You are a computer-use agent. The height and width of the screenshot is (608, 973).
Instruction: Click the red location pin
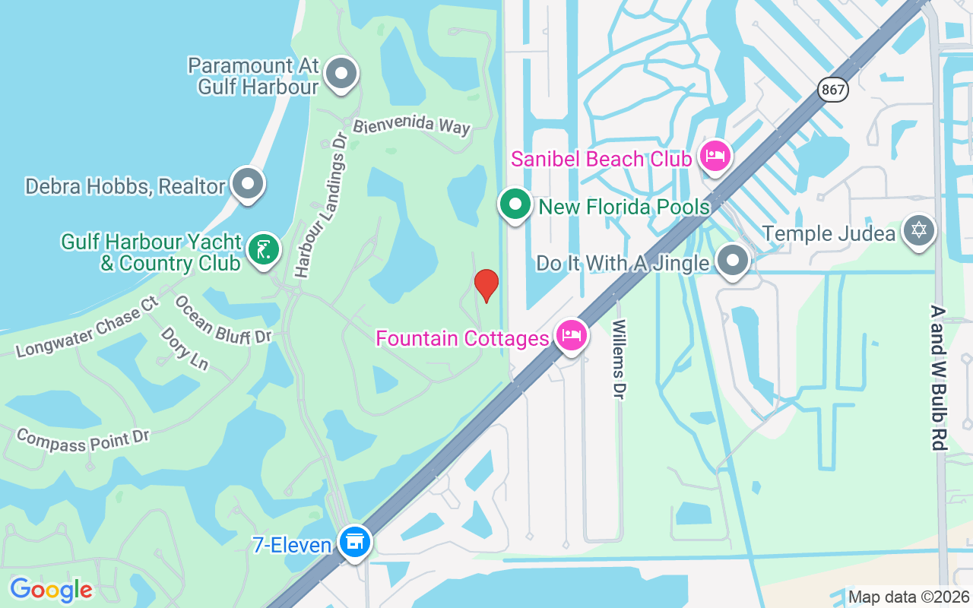coord(486,285)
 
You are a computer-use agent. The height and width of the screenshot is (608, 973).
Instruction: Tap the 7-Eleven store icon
coord(354,542)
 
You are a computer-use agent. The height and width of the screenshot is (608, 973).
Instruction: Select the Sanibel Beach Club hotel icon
coord(715,157)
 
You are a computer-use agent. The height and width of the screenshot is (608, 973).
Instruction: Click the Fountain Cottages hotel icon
coord(572,335)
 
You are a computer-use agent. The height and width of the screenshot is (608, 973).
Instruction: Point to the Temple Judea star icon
coord(918,230)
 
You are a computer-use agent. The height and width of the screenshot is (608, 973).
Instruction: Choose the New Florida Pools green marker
coord(515,204)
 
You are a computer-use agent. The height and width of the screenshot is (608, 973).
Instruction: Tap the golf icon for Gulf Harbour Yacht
coord(263,249)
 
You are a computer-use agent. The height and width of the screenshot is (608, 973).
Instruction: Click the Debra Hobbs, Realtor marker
coord(247,184)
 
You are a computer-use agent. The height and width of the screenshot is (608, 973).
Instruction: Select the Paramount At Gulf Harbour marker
coord(341,74)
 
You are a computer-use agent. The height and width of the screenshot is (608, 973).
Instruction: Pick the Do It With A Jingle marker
coord(733,261)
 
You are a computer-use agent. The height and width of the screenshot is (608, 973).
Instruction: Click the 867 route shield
coord(833,89)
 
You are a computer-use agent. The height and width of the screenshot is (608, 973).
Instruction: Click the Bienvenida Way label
coord(412,125)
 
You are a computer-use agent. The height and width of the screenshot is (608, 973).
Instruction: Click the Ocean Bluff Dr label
coord(223,320)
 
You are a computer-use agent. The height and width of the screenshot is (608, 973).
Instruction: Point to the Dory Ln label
coord(184,349)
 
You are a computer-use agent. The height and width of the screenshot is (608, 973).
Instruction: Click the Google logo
coord(51,590)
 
